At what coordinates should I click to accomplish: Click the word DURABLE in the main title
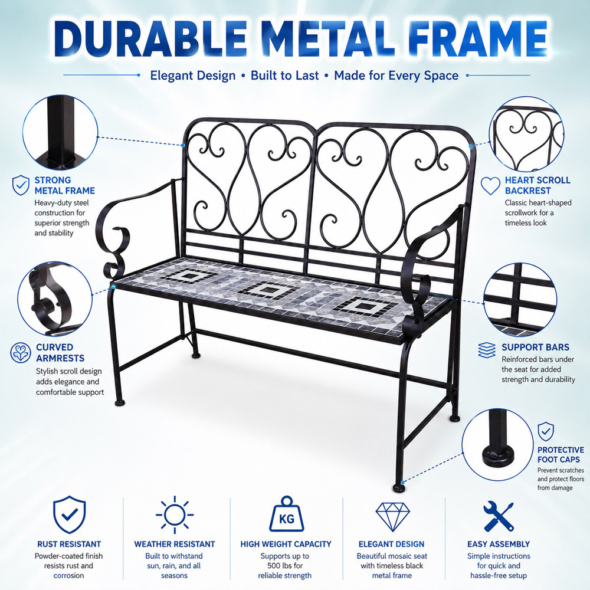pos(150,38)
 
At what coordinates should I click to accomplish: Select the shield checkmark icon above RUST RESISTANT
pos(69,514)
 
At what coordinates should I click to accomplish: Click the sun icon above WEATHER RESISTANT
pos(175,514)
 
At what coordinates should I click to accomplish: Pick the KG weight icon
pos(286,514)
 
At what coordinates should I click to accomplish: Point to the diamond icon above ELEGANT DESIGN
pos(392,517)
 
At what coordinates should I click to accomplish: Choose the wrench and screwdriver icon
pos(499,516)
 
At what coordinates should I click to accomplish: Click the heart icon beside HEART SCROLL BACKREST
pos(491,186)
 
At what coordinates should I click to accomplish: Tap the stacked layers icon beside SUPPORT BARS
pos(487,350)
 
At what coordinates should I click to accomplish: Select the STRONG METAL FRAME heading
pos(65,185)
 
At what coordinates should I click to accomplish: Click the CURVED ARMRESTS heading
pos(60,353)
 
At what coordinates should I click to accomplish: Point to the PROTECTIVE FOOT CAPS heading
pos(560,454)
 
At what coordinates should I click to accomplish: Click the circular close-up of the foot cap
pos(497,445)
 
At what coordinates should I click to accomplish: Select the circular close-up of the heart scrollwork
pos(526,134)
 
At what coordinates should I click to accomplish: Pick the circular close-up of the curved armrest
pos(55,299)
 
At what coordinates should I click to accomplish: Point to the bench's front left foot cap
pos(120,402)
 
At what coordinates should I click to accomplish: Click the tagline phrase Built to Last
pos(285,76)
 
